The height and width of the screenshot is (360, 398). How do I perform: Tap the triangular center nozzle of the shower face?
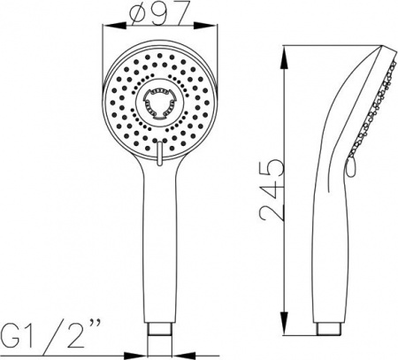(x=161, y=103)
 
